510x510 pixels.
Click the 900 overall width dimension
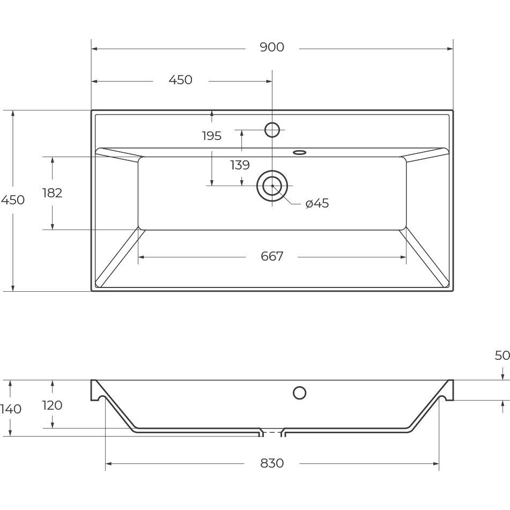point(272,48)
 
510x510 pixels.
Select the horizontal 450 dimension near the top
point(181,80)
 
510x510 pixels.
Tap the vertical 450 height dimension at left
point(13,199)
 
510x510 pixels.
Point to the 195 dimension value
point(212,136)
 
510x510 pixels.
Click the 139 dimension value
point(240,165)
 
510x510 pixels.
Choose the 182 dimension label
point(52,193)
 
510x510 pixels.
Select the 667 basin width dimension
point(272,256)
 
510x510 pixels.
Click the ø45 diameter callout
point(317,204)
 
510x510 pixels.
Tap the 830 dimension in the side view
point(272,463)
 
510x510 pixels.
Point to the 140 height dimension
point(11,409)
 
